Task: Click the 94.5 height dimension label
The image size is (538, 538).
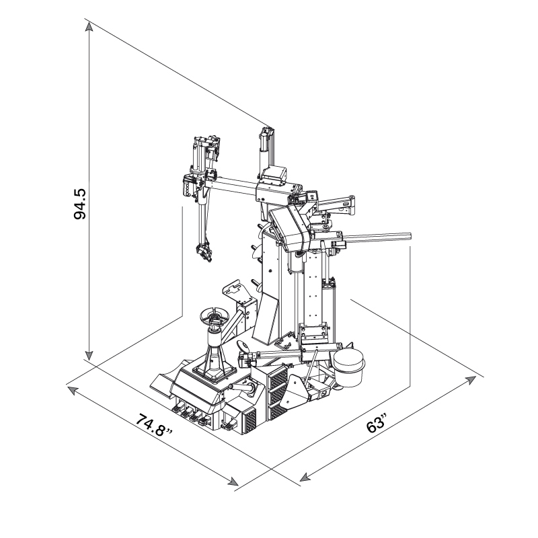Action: point(81,204)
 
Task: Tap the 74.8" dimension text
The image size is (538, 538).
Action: point(154,426)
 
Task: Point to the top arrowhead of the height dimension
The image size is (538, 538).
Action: point(89,27)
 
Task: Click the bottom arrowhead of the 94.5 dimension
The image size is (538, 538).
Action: point(89,356)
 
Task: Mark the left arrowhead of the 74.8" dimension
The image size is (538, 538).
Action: point(71,390)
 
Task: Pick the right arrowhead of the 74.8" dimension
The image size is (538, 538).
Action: point(233,482)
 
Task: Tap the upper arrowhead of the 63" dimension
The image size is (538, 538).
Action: point(471,379)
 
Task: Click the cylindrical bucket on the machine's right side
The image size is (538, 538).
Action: point(348,368)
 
